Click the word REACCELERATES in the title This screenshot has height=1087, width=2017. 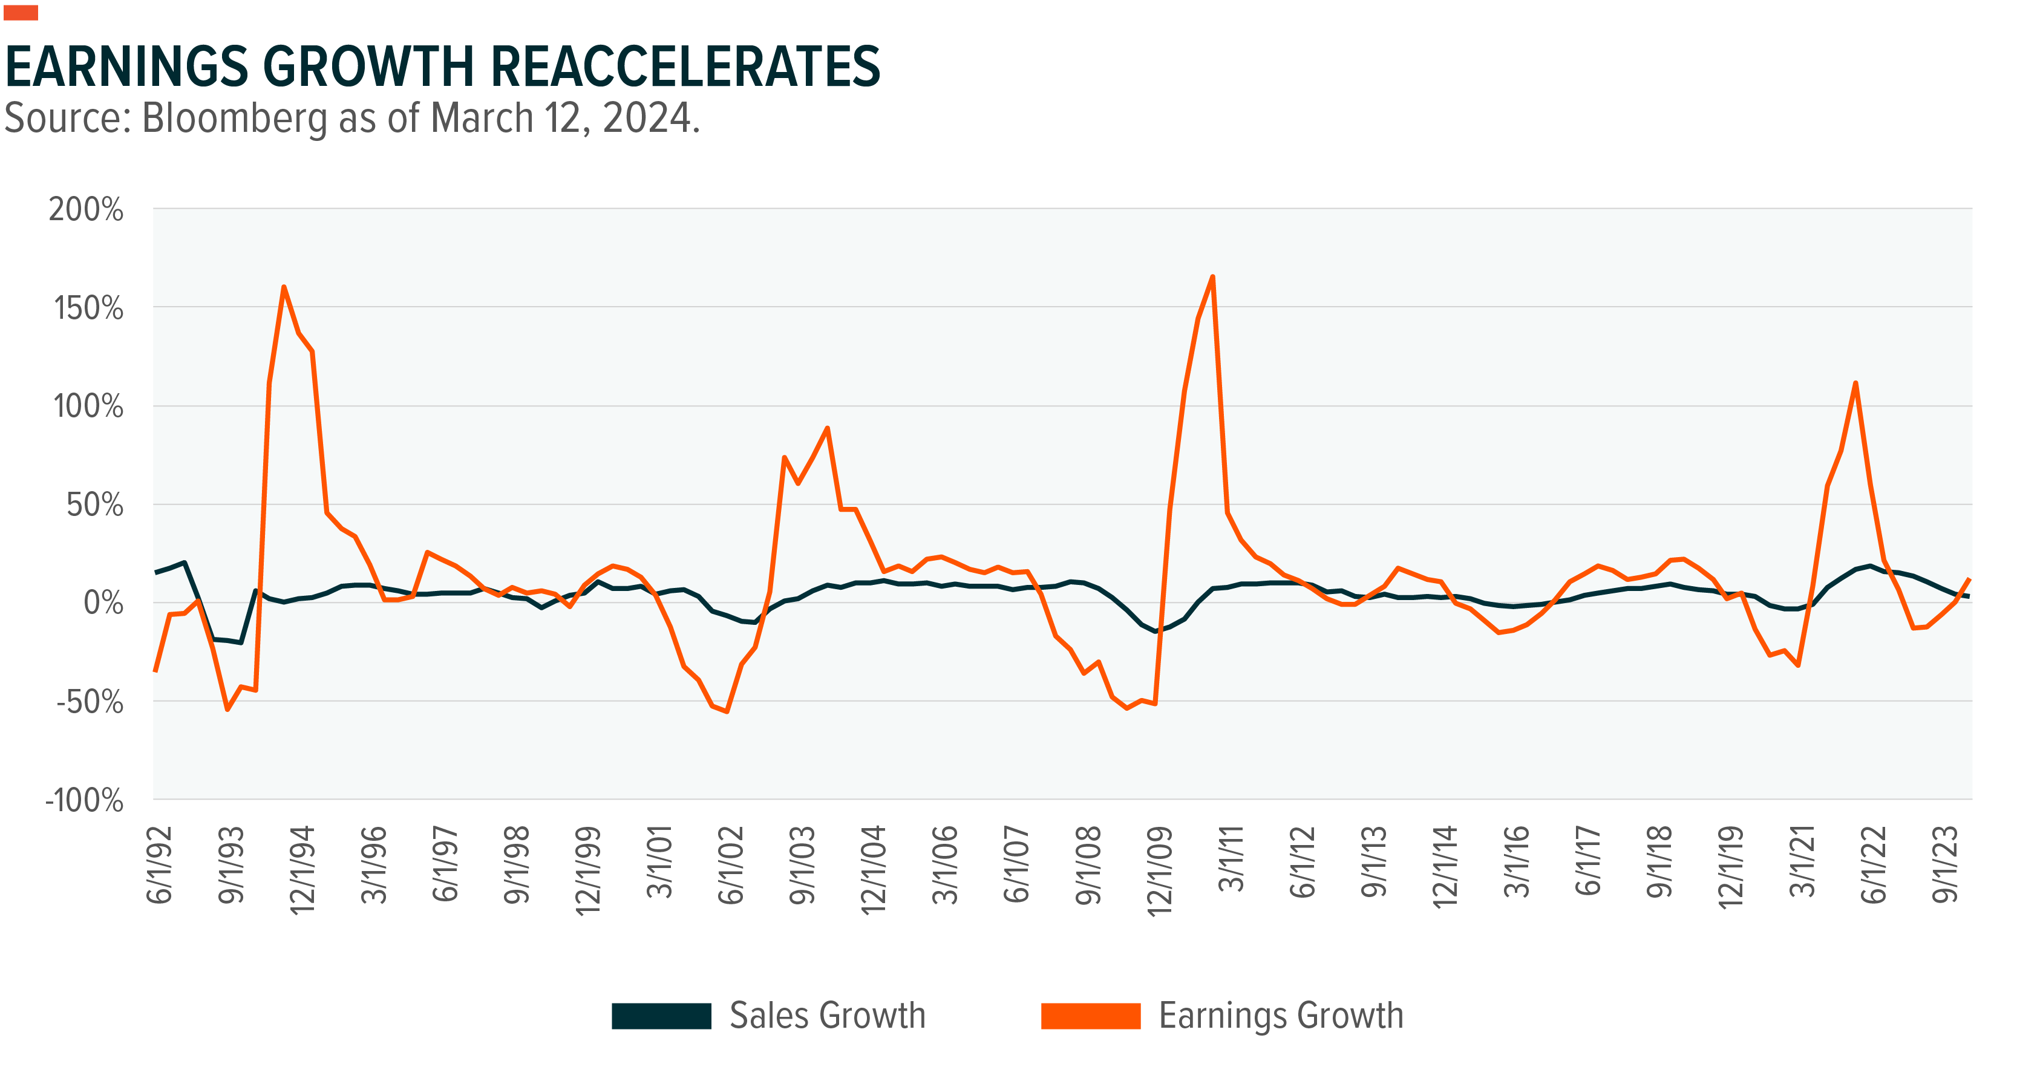[687, 67]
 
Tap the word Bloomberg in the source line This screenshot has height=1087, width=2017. [234, 119]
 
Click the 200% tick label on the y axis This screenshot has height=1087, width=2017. [86, 210]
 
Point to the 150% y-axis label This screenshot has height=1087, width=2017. [88, 308]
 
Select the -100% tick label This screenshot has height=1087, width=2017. [85, 801]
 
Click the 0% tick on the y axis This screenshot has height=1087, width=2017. [103, 603]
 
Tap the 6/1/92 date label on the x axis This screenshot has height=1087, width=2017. [160, 864]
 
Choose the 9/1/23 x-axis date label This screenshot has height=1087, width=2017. [1945, 864]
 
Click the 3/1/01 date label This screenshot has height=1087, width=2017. [659, 861]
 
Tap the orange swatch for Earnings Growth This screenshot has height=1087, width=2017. [1090, 1016]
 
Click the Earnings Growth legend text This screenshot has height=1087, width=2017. [1281, 1016]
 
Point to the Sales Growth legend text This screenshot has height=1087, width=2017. [828, 1016]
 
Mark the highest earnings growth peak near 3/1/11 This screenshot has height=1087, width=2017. [1212, 276]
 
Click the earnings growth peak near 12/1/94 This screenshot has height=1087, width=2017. [284, 287]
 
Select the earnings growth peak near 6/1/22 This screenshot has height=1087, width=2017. [1855, 383]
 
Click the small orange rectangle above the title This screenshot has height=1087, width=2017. [21, 13]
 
